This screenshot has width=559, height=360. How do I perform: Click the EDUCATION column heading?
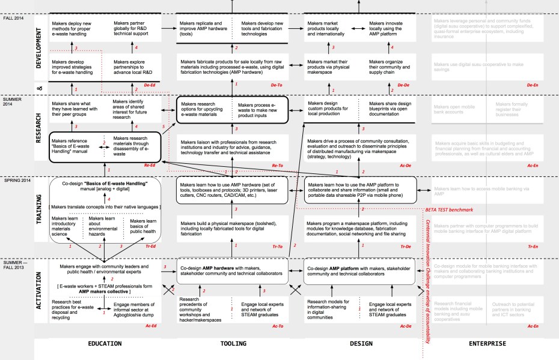(x=105, y=344)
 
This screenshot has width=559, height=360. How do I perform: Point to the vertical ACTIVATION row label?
(x=40, y=291)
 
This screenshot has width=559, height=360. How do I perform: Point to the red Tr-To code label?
(x=277, y=247)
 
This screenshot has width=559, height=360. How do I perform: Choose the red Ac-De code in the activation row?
(x=403, y=326)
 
